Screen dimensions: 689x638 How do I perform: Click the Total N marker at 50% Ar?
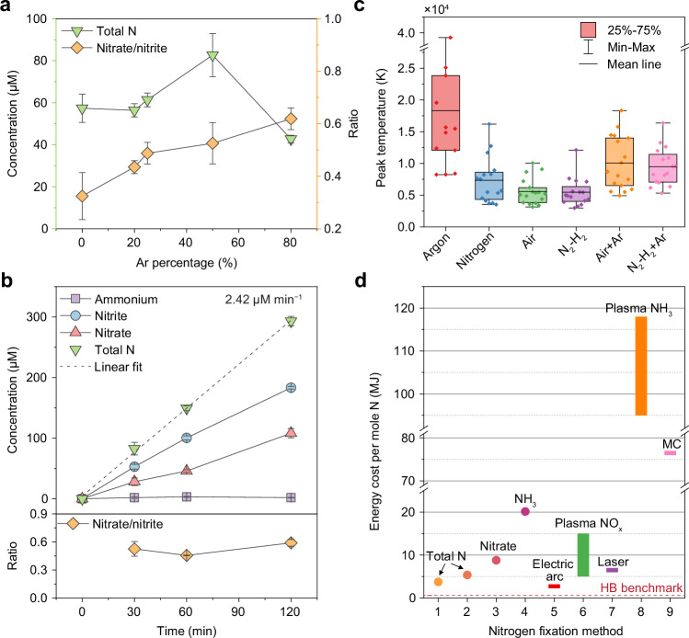point(212,56)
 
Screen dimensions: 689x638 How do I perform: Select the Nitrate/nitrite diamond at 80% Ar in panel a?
point(291,119)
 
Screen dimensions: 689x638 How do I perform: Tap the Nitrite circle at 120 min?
point(291,388)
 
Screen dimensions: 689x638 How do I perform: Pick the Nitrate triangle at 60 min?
point(187,470)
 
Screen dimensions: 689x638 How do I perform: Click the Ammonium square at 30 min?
point(134,497)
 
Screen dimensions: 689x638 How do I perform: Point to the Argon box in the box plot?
point(445,113)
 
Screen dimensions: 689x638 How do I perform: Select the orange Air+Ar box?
point(620,162)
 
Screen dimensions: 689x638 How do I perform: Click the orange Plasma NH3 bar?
point(641,366)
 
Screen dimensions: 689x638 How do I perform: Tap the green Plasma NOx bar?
point(583,555)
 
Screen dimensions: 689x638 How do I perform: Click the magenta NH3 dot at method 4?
point(525,511)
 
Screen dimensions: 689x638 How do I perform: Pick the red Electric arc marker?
point(554,587)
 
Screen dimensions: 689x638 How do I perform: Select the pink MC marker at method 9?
point(670,452)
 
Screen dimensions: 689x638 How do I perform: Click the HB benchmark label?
point(641,587)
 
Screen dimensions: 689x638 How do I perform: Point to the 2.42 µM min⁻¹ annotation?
point(263,300)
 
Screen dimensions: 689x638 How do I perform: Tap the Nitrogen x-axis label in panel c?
point(476,250)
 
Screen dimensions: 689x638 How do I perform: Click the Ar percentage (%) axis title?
point(187,263)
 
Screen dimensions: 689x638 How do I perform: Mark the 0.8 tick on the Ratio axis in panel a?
point(333,71)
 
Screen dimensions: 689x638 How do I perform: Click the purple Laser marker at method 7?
point(612,570)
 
